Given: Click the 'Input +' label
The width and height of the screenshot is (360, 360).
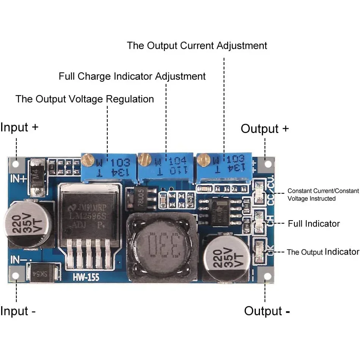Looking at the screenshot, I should point(19,127).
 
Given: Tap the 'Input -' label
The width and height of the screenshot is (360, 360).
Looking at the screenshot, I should point(18,311).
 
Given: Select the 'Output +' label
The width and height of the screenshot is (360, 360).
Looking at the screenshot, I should point(265,129).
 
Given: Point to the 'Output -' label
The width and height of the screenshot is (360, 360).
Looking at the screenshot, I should point(267,311).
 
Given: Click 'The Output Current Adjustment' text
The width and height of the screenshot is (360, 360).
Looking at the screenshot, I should point(197,45).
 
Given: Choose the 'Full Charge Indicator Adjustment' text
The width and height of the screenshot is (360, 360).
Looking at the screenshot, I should point(132,76).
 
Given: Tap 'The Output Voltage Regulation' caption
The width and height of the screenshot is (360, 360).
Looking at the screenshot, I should point(85,99).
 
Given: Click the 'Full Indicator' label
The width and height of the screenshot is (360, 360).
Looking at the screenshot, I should point(313,224).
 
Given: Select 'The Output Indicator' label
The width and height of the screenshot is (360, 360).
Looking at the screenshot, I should point(322,252).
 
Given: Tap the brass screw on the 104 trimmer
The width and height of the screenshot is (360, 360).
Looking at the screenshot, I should point(144,160).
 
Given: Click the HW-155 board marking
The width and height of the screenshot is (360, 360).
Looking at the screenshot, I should point(86,278).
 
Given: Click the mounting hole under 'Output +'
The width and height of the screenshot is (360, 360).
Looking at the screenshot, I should point(268,164).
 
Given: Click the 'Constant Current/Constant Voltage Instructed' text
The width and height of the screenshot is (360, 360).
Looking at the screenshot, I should point(323,195).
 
